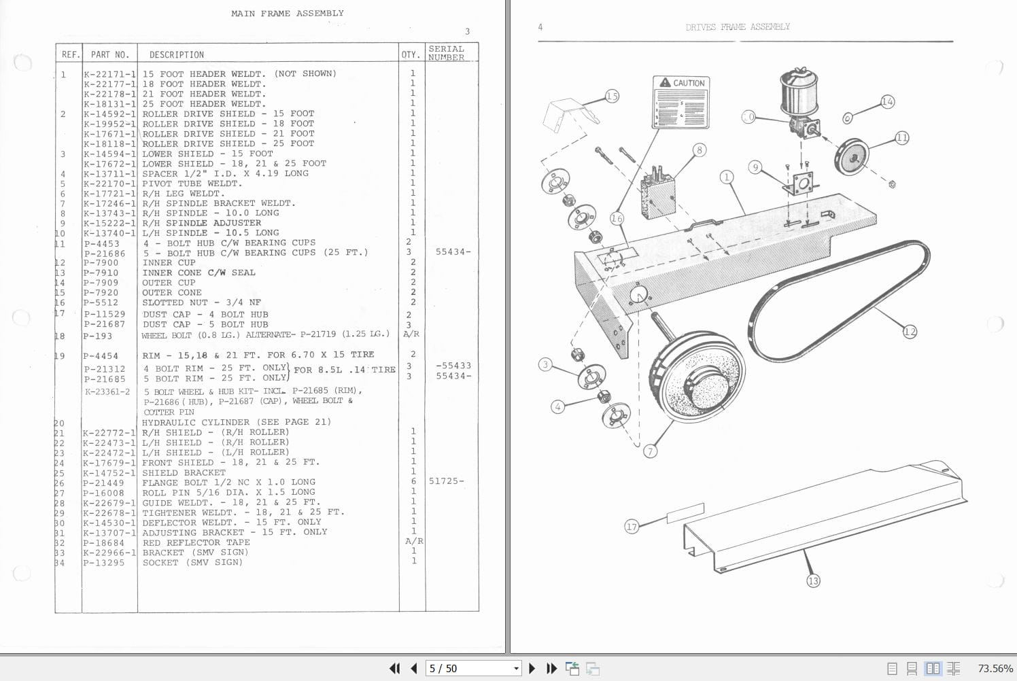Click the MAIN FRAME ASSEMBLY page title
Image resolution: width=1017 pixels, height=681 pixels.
pos(287,13)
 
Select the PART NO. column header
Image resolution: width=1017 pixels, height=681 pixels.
pos(109,54)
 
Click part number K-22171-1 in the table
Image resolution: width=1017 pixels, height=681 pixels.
pos(109,73)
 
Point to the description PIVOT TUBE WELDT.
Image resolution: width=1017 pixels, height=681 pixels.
pos(192,184)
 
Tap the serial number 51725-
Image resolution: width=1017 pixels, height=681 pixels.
pos(446,481)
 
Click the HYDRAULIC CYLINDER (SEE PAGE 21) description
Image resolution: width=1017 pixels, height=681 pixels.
pos(236,422)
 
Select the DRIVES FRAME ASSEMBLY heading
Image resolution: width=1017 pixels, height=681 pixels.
pos(738,27)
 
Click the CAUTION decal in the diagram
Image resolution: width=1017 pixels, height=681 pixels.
pos(681,102)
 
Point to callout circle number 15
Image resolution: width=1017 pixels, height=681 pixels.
pos(612,97)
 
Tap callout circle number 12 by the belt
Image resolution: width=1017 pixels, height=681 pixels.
pos(910,332)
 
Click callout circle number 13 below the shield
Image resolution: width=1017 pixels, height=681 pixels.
pos(813,580)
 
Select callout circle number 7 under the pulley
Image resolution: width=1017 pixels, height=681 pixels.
pos(651,451)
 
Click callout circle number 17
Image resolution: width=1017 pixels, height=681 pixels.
pos(632,527)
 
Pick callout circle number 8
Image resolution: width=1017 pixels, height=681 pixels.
pos(699,150)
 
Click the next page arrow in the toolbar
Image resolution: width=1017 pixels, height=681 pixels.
pos(532,669)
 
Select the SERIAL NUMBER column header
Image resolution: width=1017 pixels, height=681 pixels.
pos(446,53)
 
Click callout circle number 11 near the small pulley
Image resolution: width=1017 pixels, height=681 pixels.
pos(901,137)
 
